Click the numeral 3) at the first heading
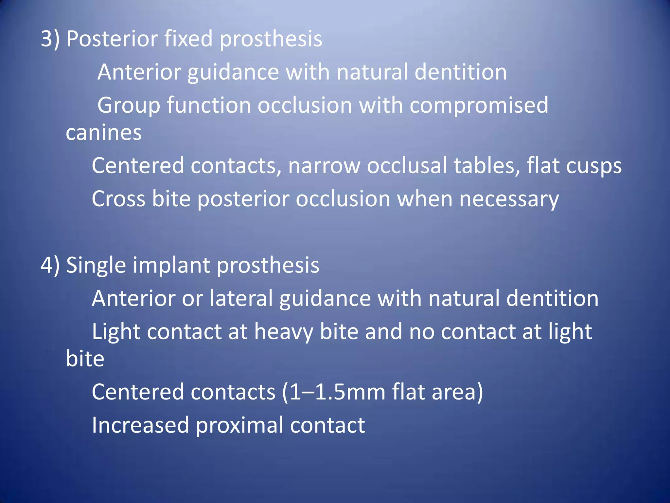(50, 39)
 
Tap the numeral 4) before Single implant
(50, 265)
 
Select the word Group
(129, 105)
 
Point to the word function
(209, 105)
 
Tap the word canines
(104, 133)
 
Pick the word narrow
(324, 166)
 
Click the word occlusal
(406, 166)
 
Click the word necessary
(509, 199)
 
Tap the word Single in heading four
(96, 266)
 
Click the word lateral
(241, 298)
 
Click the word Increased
(140, 425)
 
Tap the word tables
(487, 166)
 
